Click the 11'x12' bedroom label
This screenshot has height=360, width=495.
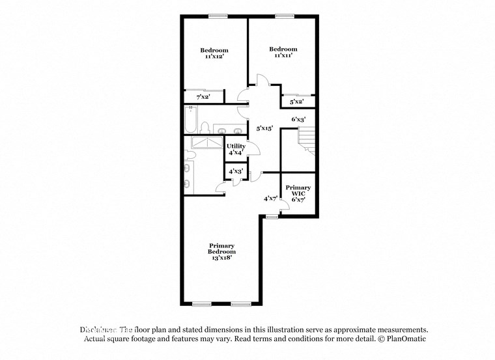click(x=214, y=54)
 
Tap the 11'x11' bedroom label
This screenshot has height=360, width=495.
click(x=283, y=53)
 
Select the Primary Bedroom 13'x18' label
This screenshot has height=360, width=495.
click(x=221, y=251)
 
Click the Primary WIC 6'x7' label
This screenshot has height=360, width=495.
click(x=297, y=193)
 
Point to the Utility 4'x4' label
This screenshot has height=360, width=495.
click(x=236, y=149)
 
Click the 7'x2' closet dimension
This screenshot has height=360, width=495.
click(x=203, y=97)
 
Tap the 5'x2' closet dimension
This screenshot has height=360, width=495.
click(x=296, y=102)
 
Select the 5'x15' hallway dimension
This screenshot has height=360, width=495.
click(x=264, y=129)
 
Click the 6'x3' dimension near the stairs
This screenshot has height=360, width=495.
click(x=298, y=119)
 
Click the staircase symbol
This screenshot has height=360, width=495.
click(x=305, y=138)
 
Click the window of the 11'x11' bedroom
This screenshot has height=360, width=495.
click(x=283, y=16)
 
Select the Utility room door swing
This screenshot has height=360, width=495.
click(x=253, y=149)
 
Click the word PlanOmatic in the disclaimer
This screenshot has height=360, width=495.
click(x=405, y=339)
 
